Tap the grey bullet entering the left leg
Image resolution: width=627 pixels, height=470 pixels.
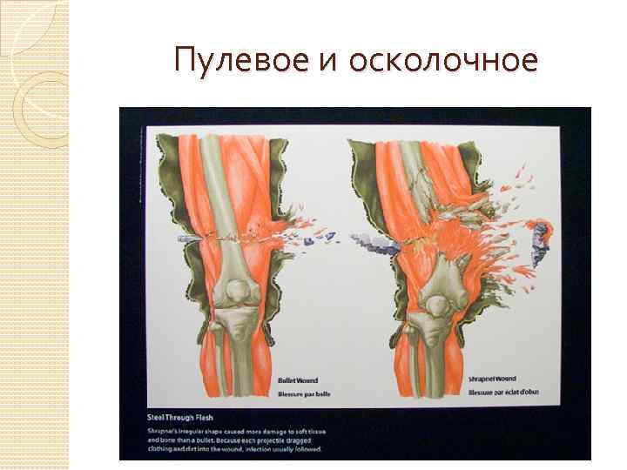[x=188, y=238]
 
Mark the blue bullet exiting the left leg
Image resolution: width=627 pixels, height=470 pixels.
[x=322, y=233]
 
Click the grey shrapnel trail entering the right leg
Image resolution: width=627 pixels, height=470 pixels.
[x=370, y=242]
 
